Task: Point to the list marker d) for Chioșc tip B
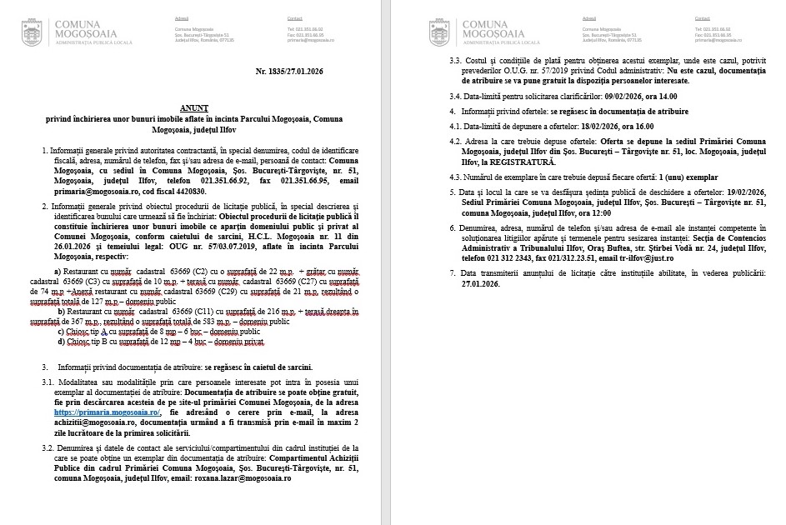[61, 342]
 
